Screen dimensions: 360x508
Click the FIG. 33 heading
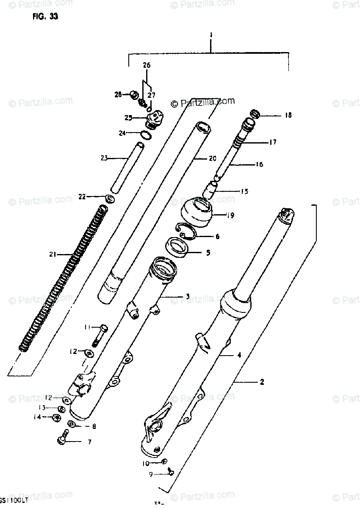click(44, 17)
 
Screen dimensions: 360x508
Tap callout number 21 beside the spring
click(53, 254)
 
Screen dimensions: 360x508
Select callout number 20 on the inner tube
click(212, 159)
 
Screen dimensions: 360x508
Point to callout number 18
click(288, 115)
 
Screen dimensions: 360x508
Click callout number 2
click(262, 382)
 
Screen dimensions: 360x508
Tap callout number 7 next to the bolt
click(89, 442)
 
